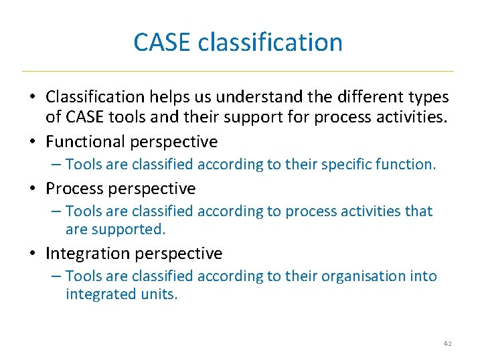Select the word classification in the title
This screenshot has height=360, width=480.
pyautogui.click(x=270, y=42)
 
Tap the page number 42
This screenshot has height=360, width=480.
pyautogui.click(x=448, y=343)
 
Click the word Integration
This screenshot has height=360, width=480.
pyautogui.click(x=88, y=254)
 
